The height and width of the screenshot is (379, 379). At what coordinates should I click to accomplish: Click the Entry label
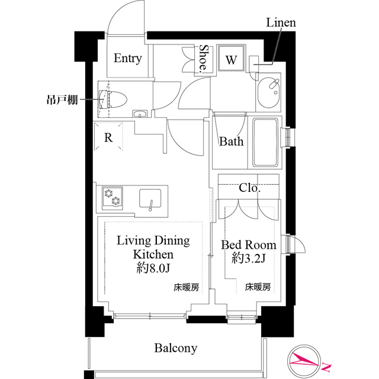(x=127, y=58)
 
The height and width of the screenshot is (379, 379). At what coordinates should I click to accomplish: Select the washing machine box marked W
(x=231, y=59)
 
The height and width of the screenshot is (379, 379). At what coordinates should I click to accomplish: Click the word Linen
(x=281, y=23)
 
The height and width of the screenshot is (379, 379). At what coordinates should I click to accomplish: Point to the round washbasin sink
(x=271, y=92)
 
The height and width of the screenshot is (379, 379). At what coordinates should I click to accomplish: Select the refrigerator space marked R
(x=108, y=137)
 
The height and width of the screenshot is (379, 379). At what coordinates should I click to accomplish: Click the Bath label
(x=231, y=142)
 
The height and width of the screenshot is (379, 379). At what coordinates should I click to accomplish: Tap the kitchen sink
(x=153, y=198)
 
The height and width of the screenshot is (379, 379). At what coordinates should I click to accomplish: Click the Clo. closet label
(x=249, y=188)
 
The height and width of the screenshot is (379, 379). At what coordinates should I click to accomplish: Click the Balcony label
(x=176, y=348)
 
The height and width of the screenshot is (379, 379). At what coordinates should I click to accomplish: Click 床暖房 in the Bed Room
(x=258, y=287)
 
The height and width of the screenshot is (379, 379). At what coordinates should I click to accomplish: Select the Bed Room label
(x=249, y=245)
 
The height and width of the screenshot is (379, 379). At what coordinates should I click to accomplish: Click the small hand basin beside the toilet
(x=141, y=114)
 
